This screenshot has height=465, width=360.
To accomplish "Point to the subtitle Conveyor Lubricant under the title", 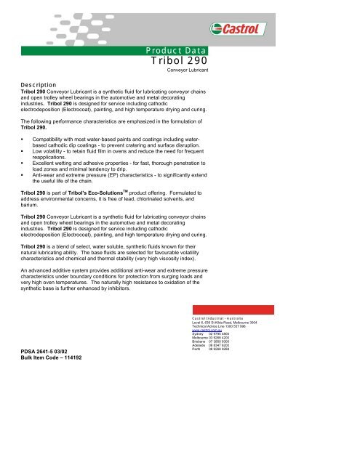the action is click(188, 73).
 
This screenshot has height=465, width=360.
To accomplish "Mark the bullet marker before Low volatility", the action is click(23, 148).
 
